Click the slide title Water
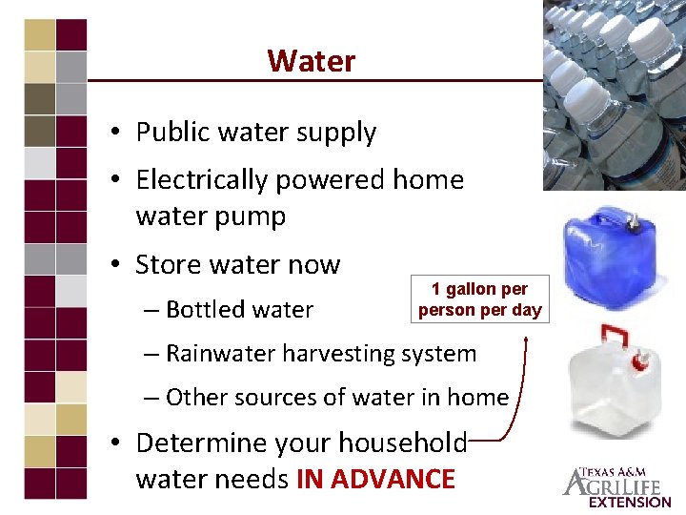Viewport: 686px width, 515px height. (311, 61)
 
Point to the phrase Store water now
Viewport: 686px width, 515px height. (238, 263)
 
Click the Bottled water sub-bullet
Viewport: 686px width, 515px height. (239, 309)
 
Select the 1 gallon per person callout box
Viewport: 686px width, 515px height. (479, 299)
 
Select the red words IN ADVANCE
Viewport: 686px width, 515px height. (375, 479)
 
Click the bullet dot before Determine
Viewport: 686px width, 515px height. (115, 443)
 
